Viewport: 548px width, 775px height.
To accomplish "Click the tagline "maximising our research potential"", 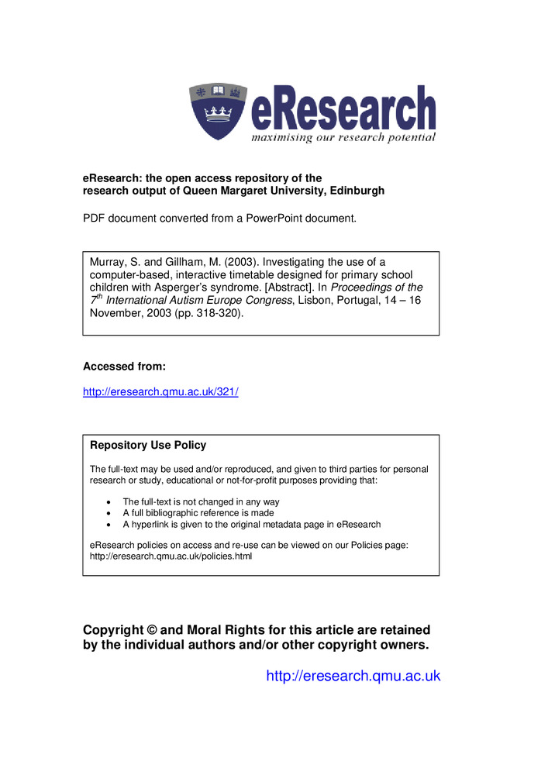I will tap(343, 138).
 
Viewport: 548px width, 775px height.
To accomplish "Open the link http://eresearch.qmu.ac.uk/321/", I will tap(160, 392).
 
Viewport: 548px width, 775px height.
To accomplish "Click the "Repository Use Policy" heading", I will tap(148, 446).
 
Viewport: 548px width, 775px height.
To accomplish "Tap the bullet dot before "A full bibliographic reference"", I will tap(108, 513).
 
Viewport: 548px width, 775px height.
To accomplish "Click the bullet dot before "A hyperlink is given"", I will tap(108, 525).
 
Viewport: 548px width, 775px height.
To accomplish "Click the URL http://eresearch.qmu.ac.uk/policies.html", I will tap(171, 556).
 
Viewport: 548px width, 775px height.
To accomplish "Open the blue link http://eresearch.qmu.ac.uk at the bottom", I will tap(353, 677).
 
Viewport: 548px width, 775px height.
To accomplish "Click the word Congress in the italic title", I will tap(267, 300).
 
